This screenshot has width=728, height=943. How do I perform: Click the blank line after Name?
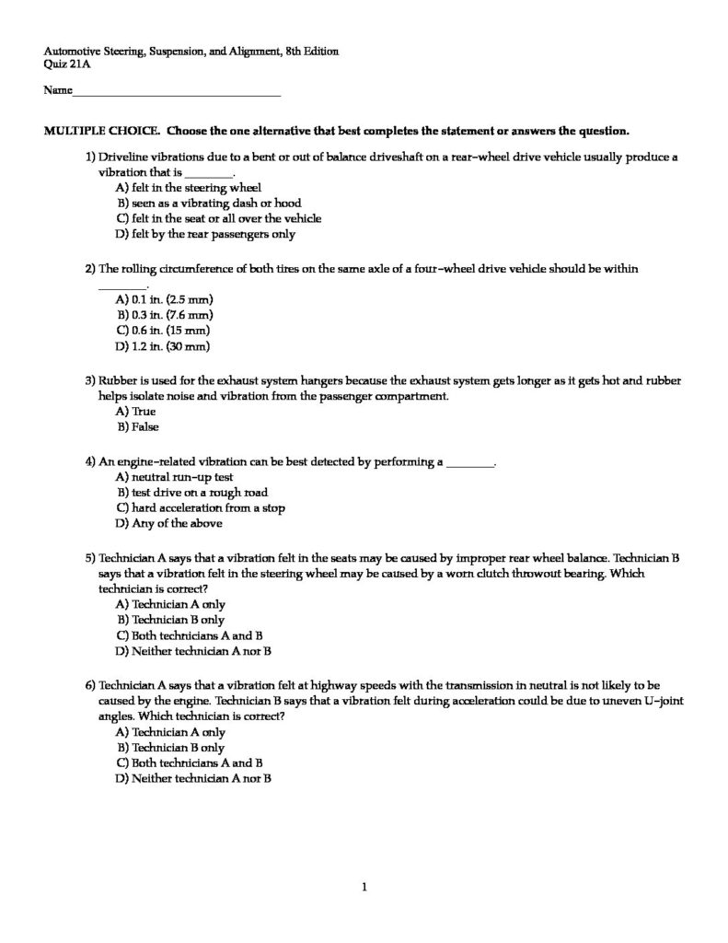pos(176,94)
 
